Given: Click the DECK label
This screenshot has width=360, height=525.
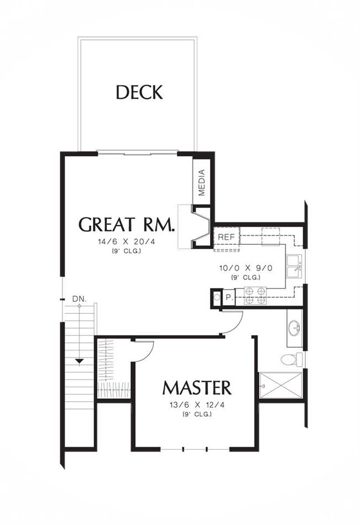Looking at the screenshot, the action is [139, 92].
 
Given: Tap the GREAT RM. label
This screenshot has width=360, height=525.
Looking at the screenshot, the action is [127, 224].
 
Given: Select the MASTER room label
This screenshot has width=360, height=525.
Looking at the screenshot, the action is [197, 388].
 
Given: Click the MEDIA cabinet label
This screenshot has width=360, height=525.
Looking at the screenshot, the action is [201, 182].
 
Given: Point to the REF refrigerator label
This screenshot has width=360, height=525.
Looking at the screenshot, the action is [226, 237].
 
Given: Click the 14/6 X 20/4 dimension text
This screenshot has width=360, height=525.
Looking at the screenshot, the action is [127, 242].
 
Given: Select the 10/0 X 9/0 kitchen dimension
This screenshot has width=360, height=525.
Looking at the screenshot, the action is [246, 268].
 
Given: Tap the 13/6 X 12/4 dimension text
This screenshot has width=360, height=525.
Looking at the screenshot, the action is [197, 405].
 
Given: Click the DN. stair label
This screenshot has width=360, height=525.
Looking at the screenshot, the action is [79, 298].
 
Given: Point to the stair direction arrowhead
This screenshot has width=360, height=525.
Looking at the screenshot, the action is [79, 361].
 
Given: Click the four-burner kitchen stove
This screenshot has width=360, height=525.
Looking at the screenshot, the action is [255, 296].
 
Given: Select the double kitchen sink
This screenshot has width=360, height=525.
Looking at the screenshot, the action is [294, 266].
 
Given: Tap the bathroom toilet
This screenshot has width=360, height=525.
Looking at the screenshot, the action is [291, 360].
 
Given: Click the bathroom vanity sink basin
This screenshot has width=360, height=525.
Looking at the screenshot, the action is [294, 328].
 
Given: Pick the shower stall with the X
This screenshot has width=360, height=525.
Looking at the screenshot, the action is [281, 385].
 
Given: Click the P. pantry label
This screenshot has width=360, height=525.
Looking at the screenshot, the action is [229, 297].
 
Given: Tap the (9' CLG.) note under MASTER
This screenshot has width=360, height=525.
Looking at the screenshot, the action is [197, 414].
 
